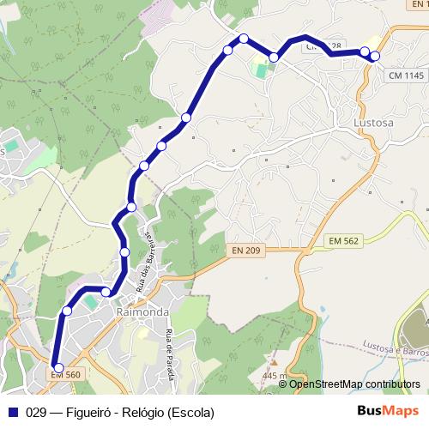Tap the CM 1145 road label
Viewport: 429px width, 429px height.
click(x=406, y=76)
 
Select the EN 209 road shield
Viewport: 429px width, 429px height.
click(x=245, y=250)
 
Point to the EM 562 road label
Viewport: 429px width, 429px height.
click(x=346, y=242)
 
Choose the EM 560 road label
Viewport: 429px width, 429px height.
click(x=65, y=374)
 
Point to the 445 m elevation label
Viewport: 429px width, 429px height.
click(x=275, y=376)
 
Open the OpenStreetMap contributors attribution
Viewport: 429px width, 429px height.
click(x=354, y=384)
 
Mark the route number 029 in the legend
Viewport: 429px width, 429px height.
click(x=37, y=413)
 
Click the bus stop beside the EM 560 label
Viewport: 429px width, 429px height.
click(x=58, y=368)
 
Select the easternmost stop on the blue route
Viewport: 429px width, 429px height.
click(x=375, y=56)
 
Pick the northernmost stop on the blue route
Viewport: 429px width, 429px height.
click(x=244, y=38)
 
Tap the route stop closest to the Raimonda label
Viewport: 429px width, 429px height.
click(x=106, y=293)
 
